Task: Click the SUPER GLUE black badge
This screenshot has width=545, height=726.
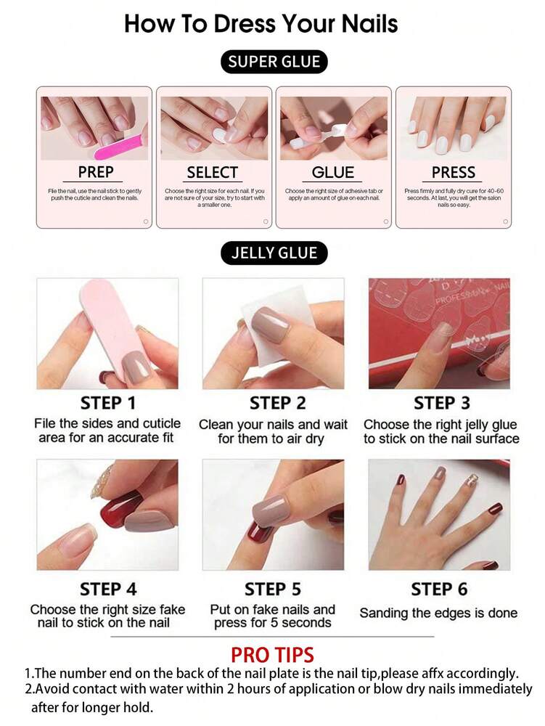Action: tap(274, 62)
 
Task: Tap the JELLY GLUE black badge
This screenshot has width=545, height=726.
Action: tap(274, 253)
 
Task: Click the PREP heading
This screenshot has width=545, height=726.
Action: tap(96, 172)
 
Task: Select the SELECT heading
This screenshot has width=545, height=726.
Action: tap(213, 172)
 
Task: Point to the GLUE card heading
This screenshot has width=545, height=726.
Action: tap(333, 172)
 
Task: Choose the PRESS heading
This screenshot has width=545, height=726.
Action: tap(454, 172)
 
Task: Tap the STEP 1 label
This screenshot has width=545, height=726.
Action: tap(108, 403)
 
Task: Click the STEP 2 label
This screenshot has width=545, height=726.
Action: tap(278, 403)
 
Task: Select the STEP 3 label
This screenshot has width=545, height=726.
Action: tap(441, 403)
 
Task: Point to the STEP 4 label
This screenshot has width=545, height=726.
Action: tap(108, 589)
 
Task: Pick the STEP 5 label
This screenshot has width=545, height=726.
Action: tap(273, 589)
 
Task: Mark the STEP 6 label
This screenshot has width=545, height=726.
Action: tap(439, 589)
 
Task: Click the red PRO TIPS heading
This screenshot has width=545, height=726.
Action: tap(272, 654)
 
